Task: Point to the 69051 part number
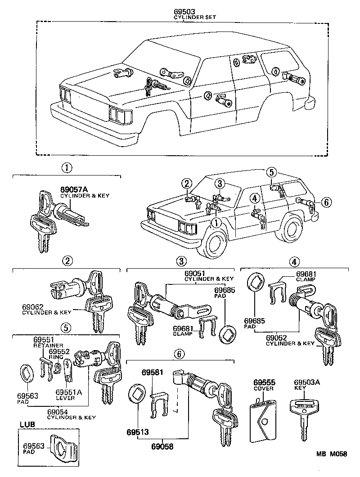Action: click(194, 273)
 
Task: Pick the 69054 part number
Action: click(58, 411)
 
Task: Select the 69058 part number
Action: click(162, 447)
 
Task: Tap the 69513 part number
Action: click(137, 432)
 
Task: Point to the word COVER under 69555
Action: click(264, 388)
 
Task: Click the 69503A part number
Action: click(307, 382)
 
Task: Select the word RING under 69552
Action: click(56, 357)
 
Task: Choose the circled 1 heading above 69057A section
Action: click(67, 168)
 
